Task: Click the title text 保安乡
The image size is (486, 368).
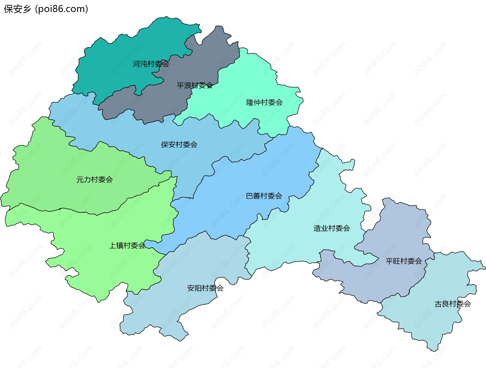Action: (x=17, y=9)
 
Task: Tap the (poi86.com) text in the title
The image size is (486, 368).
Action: (x=62, y=9)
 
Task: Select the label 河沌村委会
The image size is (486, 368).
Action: (x=151, y=64)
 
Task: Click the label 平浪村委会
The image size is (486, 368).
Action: (x=195, y=85)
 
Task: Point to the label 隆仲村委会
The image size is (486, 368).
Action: (x=264, y=102)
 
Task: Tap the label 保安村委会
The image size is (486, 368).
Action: (x=179, y=144)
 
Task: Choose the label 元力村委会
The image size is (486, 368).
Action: (x=94, y=179)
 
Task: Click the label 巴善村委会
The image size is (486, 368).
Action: (x=264, y=196)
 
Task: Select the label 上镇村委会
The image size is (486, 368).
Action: (x=127, y=245)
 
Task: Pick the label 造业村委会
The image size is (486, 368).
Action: (x=332, y=228)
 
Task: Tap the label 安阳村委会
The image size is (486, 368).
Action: (x=205, y=288)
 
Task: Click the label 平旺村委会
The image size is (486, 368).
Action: (x=403, y=261)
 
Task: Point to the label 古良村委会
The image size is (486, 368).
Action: (x=453, y=304)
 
